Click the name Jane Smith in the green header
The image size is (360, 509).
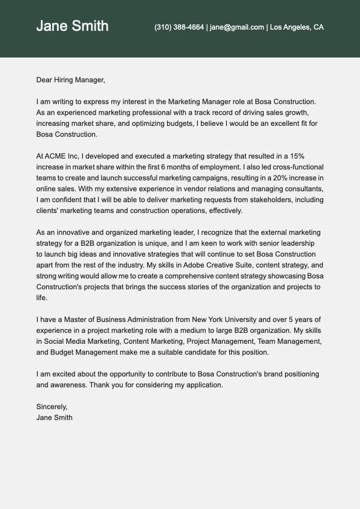(x=73, y=26)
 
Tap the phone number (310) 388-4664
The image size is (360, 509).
(x=179, y=27)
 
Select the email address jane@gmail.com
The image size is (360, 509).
(x=237, y=27)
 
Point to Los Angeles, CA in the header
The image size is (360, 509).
(x=296, y=27)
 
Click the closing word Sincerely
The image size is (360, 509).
(x=52, y=407)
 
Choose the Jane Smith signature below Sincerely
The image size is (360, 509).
(x=54, y=418)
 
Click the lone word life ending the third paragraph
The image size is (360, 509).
(x=42, y=297)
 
